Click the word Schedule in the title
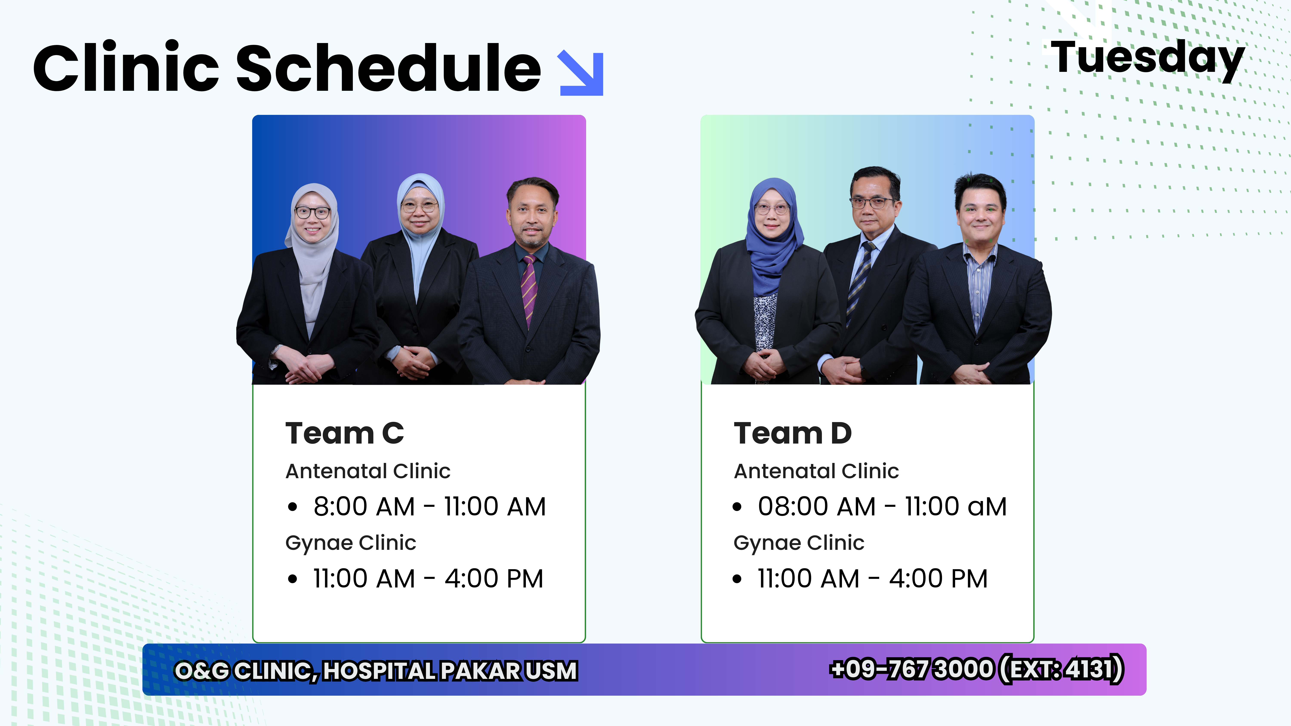[x=388, y=68]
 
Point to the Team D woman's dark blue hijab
[x=772, y=236]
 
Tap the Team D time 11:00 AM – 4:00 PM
[x=873, y=579]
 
